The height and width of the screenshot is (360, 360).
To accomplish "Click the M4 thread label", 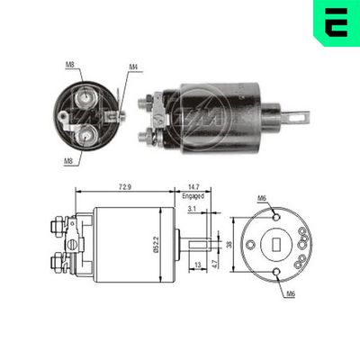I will click(x=132, y=66).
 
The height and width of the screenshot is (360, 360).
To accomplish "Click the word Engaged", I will click(x=193, y=195).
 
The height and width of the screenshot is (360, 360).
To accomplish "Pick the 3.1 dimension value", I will click(x=191, y=209).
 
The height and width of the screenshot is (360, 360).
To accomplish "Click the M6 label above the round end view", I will click(x=262, y=198).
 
